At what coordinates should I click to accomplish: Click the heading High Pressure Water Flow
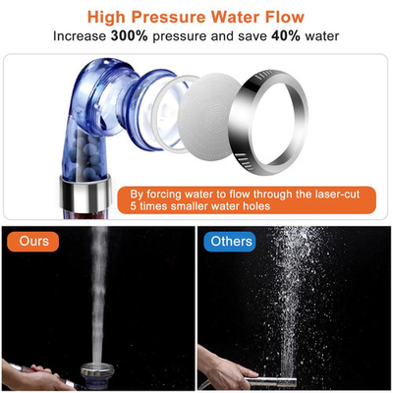coord(196,17)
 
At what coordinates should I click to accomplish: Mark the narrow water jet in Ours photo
coord(98,295)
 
